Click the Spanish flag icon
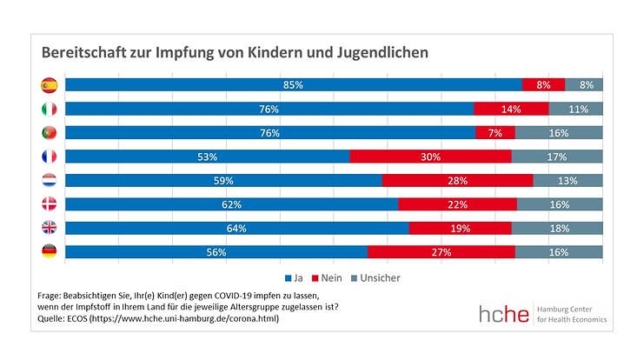click(x=49, y=85)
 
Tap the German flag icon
click(x=49, y=252)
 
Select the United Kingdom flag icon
click(x=49, y=228)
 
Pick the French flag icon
click(x=49, y=157)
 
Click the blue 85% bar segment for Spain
click(x=293, y=85)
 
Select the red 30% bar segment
click(x=430, y=157)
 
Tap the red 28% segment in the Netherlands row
click(x=457, y=181)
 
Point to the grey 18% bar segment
click(x=557, y=228)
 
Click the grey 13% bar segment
click(x=567, y=181)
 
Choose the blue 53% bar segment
click(x=207, y=157)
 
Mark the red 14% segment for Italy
click(x=511, y=109)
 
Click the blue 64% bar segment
click(x=236, y=228)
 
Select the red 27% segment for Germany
click(x=441, y=252)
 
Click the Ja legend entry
click(x=293, y=278)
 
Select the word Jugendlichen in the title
click(x=380, y=52)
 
